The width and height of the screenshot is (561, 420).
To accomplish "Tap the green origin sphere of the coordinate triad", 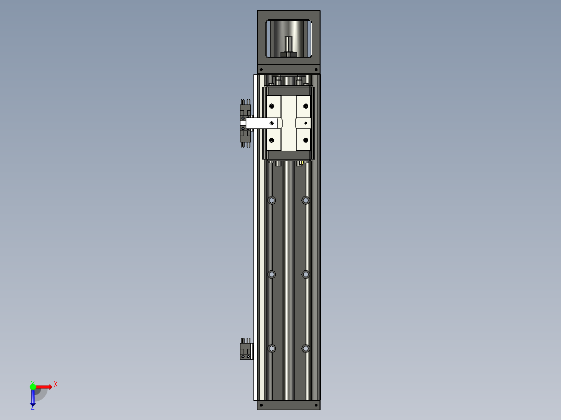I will [33, 386].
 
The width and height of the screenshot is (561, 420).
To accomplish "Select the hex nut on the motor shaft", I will [289, 54].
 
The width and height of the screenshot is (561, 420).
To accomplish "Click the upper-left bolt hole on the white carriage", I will [271, 106].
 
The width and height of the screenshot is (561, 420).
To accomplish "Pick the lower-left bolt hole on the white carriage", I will [271, 140].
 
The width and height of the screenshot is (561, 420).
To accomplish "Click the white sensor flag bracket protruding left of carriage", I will [263, 123].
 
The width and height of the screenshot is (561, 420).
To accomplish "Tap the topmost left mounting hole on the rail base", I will [271, 200].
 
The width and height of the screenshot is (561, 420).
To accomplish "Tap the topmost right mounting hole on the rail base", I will [305, 200].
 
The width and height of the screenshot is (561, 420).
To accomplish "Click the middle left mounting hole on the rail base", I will [271, 274].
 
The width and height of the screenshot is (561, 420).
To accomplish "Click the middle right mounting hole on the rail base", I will [305, 274].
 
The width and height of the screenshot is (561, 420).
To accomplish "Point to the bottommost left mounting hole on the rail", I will [271, 348].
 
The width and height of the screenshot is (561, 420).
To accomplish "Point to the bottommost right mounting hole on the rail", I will [305, 348].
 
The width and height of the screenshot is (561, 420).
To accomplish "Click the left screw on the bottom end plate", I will [261, 404].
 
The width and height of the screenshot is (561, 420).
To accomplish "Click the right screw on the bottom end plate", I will [316, 404].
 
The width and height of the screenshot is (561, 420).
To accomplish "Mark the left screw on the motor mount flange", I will [261, 69].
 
